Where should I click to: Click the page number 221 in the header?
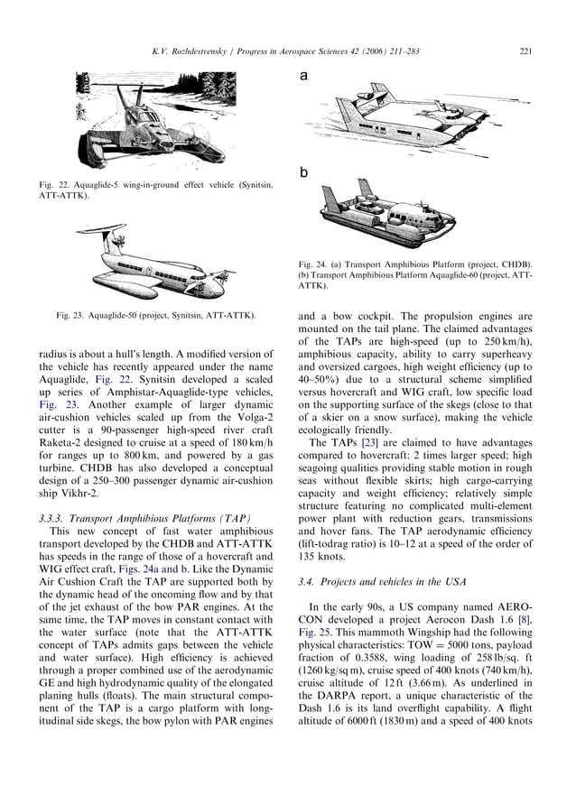click(x=525, y=51)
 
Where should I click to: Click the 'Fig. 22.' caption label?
click(x=54, y=185)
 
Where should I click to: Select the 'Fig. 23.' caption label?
click(x=73, y=315)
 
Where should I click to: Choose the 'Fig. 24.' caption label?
click(x=315, y=264)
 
